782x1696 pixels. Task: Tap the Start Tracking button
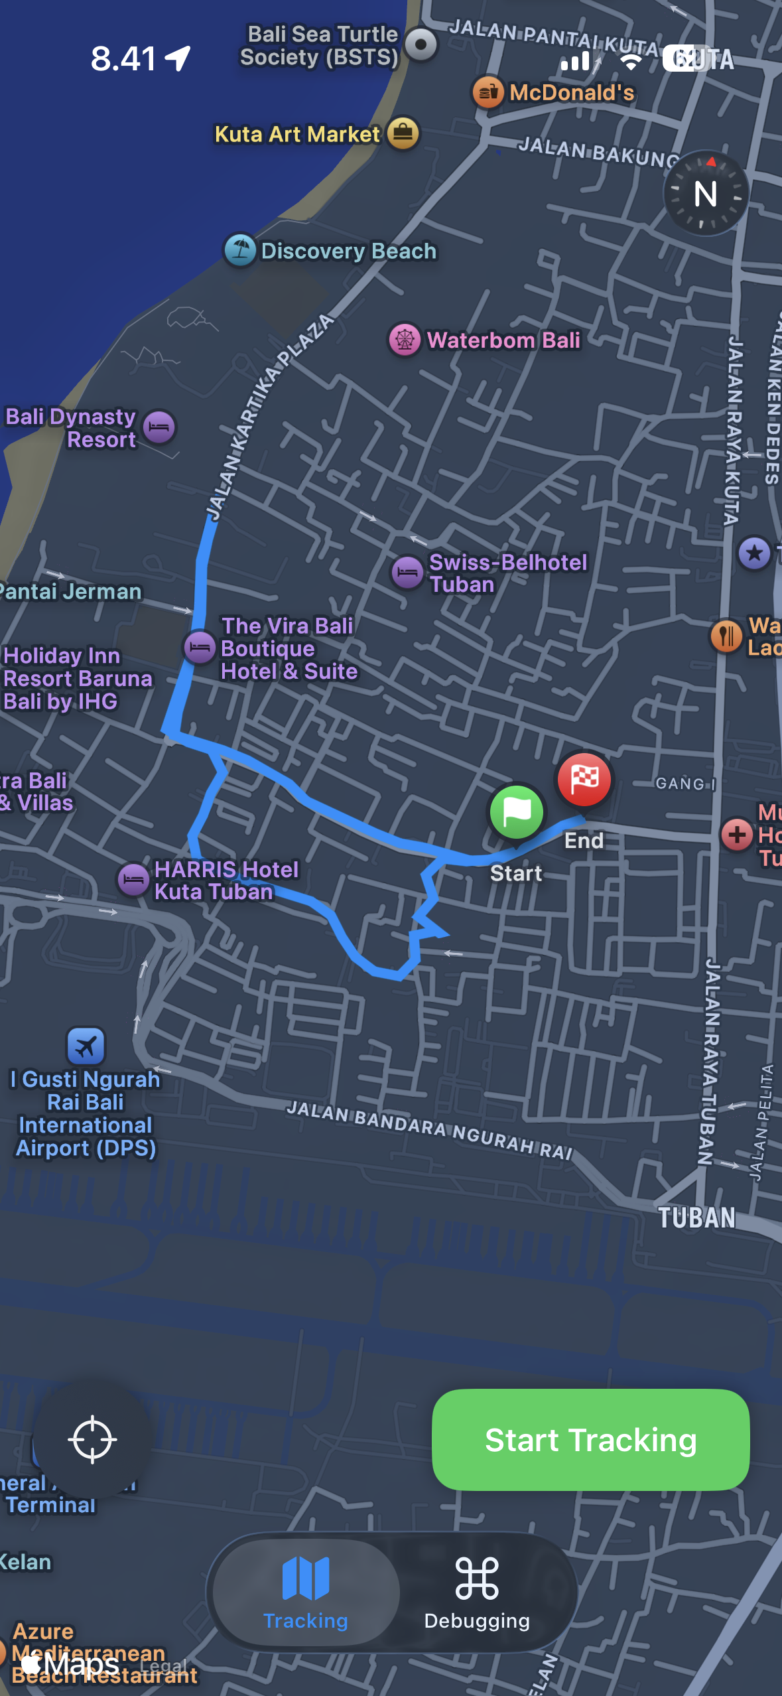click(590, 1439)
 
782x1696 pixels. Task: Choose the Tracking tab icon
click(306, 1579)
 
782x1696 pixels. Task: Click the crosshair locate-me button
click(92, 1439)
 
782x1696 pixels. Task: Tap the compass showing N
click(706, 194)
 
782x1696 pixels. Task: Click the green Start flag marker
click(517, 812)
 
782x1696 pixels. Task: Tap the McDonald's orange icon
click(488, 92)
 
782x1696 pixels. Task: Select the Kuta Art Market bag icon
click(403, 133)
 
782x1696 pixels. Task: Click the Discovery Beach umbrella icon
click(240, 250)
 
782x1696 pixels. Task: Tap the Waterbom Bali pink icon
click(405, 340)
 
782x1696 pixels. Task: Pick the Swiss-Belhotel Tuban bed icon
click(407, 572)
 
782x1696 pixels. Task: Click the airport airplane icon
click(86, 1046)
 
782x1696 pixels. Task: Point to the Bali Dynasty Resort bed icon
click(159, 427)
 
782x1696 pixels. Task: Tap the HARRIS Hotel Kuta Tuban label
click(226, 880)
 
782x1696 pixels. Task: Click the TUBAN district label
click(696, 1218)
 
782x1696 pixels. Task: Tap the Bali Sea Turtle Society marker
click(421, 44)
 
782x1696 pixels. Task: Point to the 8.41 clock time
click(123, 58)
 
